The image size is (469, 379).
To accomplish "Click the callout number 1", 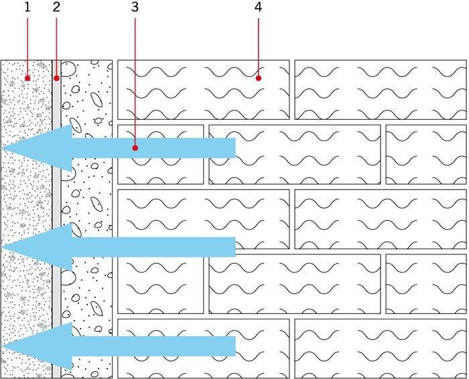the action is [x=27, y=7].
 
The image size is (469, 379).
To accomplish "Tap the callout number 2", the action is [x=56, y=7].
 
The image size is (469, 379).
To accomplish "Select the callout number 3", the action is [x=135, y=7].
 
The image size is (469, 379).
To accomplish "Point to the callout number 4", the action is [x=259, y=7].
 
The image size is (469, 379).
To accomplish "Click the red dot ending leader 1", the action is [x=27, y=78].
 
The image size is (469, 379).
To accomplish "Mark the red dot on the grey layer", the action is [x=56, y=78].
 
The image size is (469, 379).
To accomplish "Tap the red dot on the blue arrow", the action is [x=135, y=148].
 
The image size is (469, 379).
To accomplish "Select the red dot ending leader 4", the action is [x=259, y=78].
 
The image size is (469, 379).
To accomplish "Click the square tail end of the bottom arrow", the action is [x=235, y=346].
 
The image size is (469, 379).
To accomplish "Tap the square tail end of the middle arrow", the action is [x=235, y=247].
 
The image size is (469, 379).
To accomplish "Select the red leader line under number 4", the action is [x=259, y=47].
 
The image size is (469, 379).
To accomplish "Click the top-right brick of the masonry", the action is [x=381, y=90].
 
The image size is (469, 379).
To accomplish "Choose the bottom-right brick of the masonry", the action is [x=381, y=348].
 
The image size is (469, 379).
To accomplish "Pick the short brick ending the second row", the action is [x=426, y=154].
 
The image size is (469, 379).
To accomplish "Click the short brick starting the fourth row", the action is [x=160, y=284].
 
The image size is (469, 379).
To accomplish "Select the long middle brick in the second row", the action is [x=295, y=154].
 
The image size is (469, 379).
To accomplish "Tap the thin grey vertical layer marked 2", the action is [x=56, y=219].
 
